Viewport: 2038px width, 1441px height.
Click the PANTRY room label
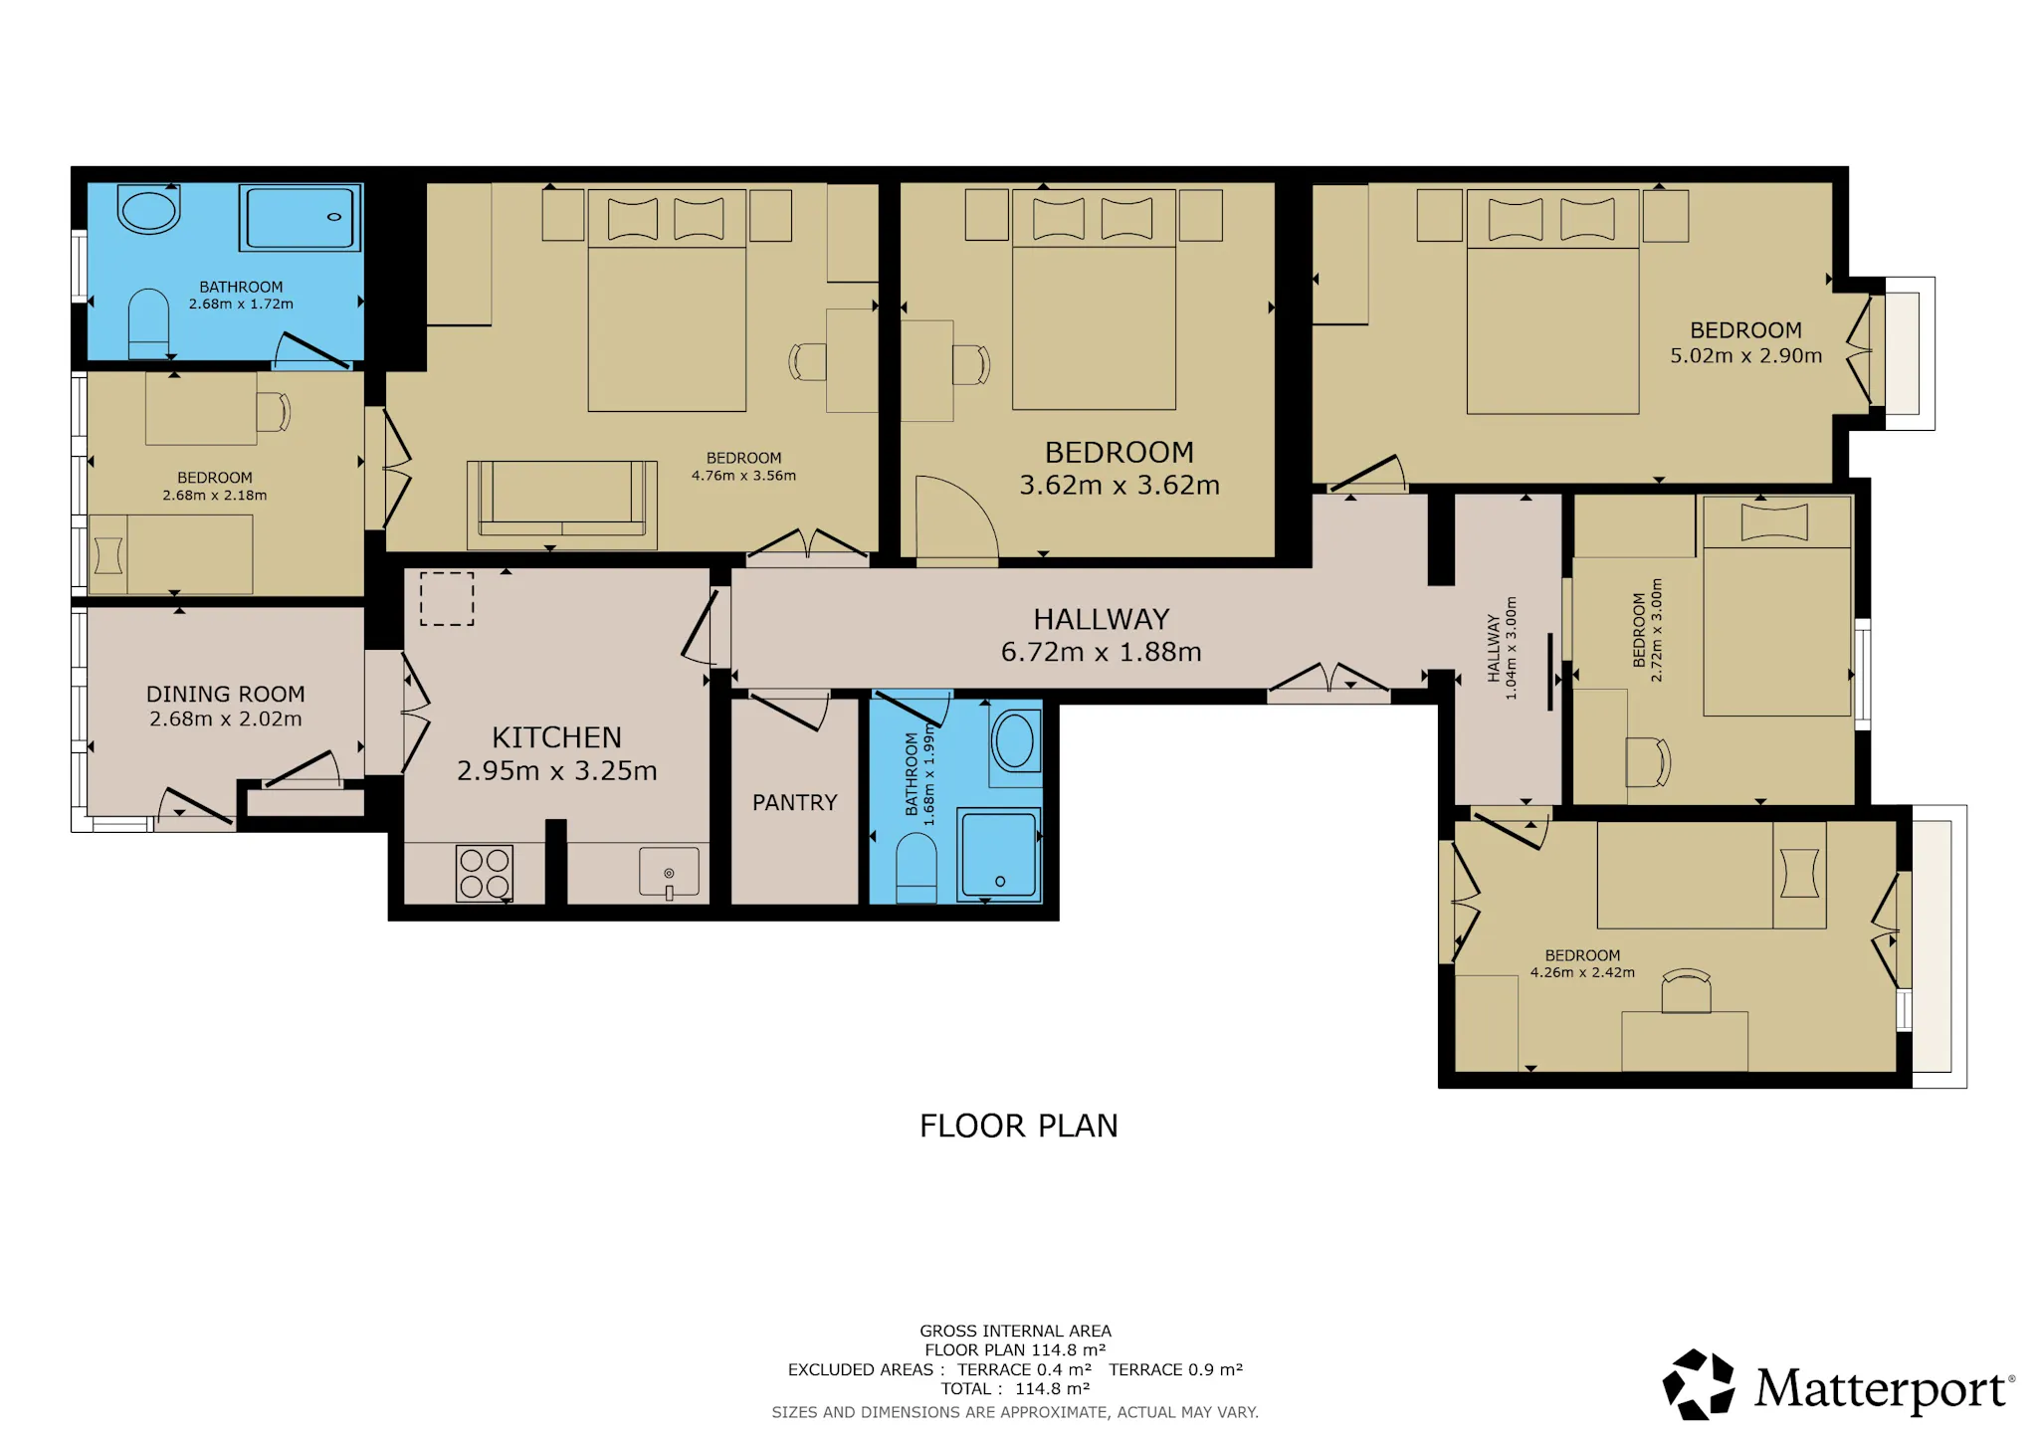[794, 802]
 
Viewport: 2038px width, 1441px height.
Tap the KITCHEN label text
[557, 737]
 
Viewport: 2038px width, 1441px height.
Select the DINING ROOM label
[226, 694]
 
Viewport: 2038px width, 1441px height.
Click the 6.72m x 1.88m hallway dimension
[1102, 652]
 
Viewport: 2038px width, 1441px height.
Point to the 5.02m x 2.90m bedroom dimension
[1746, 355]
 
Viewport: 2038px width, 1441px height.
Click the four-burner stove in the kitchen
[485, 873]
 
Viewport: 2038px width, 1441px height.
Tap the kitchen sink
[669, 872]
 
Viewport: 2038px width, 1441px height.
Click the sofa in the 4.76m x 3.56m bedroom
[562, 505]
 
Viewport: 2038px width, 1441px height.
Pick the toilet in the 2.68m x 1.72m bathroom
[148, 323]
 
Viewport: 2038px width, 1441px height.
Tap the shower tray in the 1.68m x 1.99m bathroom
[999, 855]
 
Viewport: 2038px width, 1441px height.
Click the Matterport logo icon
[1699, 1384]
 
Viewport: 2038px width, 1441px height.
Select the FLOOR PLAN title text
[1019, 1126]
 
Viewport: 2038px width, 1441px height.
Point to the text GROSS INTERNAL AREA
[1015, 1331]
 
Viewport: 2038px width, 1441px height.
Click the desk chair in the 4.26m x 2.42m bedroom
[1686, 991]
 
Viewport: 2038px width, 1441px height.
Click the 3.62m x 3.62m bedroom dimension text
[1120, 485]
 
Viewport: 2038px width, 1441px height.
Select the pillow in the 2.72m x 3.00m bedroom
[1774, 522]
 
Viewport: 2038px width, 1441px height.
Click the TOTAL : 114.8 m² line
[1015, 1388]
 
